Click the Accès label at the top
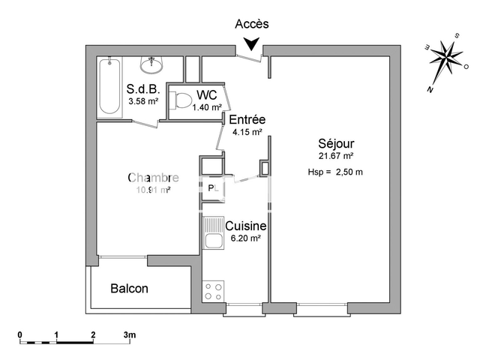[x=252, y=24]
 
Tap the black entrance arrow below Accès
[x=252, y=46]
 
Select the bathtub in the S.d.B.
[x=109, y=87]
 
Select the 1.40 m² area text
[x=206, y=107]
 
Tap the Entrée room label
[x=247, y=120]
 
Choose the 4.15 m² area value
[x=247, y=132]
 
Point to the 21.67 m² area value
[x=336, y=156]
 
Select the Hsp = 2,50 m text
[x=335, y=172]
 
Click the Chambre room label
[x=153, y=178]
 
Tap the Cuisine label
[x=246, y=225]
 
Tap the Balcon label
[x=129, y=289]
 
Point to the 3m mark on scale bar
[x=129, y=334]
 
